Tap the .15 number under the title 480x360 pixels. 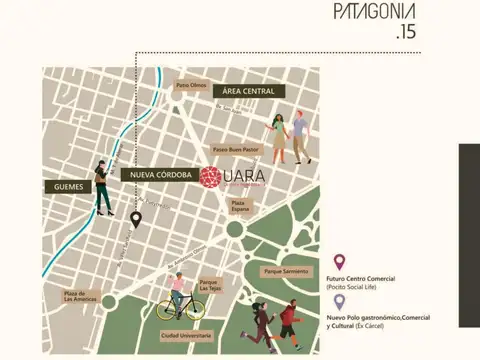coord(405,34)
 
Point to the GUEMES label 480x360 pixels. coord(66,186)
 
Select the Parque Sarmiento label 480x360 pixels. coord(283,271)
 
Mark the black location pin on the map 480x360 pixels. coord(136,218)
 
